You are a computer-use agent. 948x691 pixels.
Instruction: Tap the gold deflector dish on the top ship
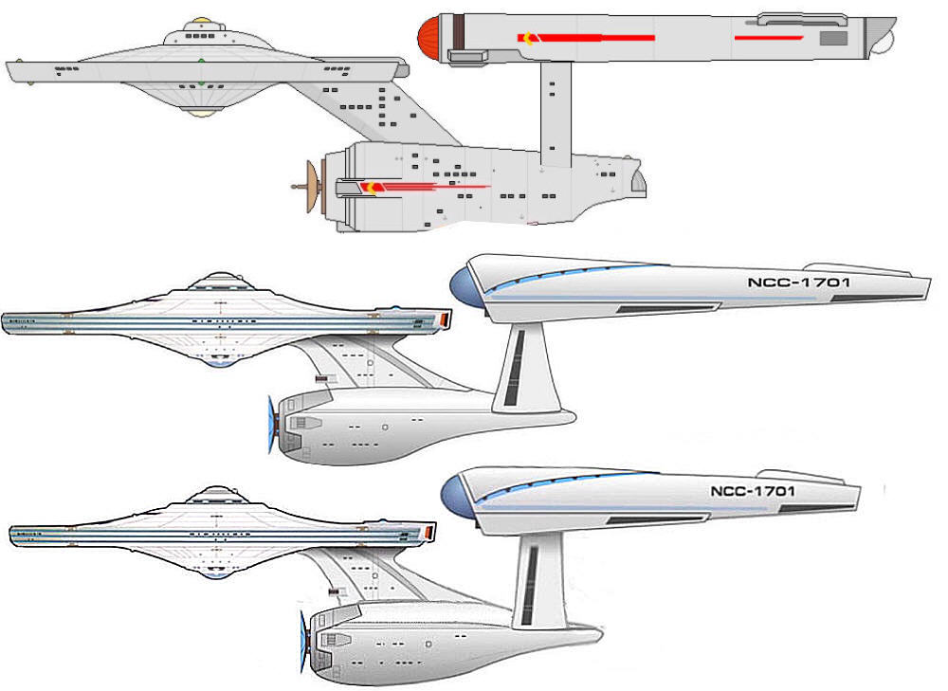(x=310, y=186)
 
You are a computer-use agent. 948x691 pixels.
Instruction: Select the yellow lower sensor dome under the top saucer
(x=200, y=111)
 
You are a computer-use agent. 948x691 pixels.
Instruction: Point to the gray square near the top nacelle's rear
(x=832, y=38)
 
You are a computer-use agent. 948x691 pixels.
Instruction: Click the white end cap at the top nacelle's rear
(x=883, y=39)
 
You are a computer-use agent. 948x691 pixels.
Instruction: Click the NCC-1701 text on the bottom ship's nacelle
(x=752, y=491)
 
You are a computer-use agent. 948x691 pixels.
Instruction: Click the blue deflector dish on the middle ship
(x=273, y=426)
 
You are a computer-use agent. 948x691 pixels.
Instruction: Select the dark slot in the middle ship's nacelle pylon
(x=517, y=366)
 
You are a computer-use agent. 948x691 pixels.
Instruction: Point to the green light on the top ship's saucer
(x=201, y=64)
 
